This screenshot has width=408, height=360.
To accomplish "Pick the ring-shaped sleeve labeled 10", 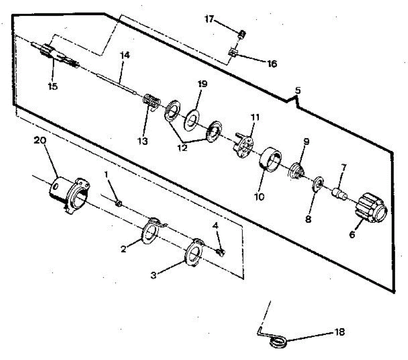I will point(270,159).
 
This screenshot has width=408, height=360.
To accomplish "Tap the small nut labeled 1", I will point(119,203).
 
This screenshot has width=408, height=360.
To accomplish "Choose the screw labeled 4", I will point(221,252).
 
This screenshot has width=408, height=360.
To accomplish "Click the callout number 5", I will point(298,91).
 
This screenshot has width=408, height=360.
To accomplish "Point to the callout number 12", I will point(182,148).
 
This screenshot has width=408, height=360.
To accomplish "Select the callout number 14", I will point(125,55).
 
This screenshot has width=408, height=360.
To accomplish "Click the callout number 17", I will point(209,19).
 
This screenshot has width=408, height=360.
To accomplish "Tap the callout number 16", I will point(272,64).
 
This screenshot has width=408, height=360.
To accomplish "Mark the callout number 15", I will point(53,86).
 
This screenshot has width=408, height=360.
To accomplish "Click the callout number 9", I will point(306,142).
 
